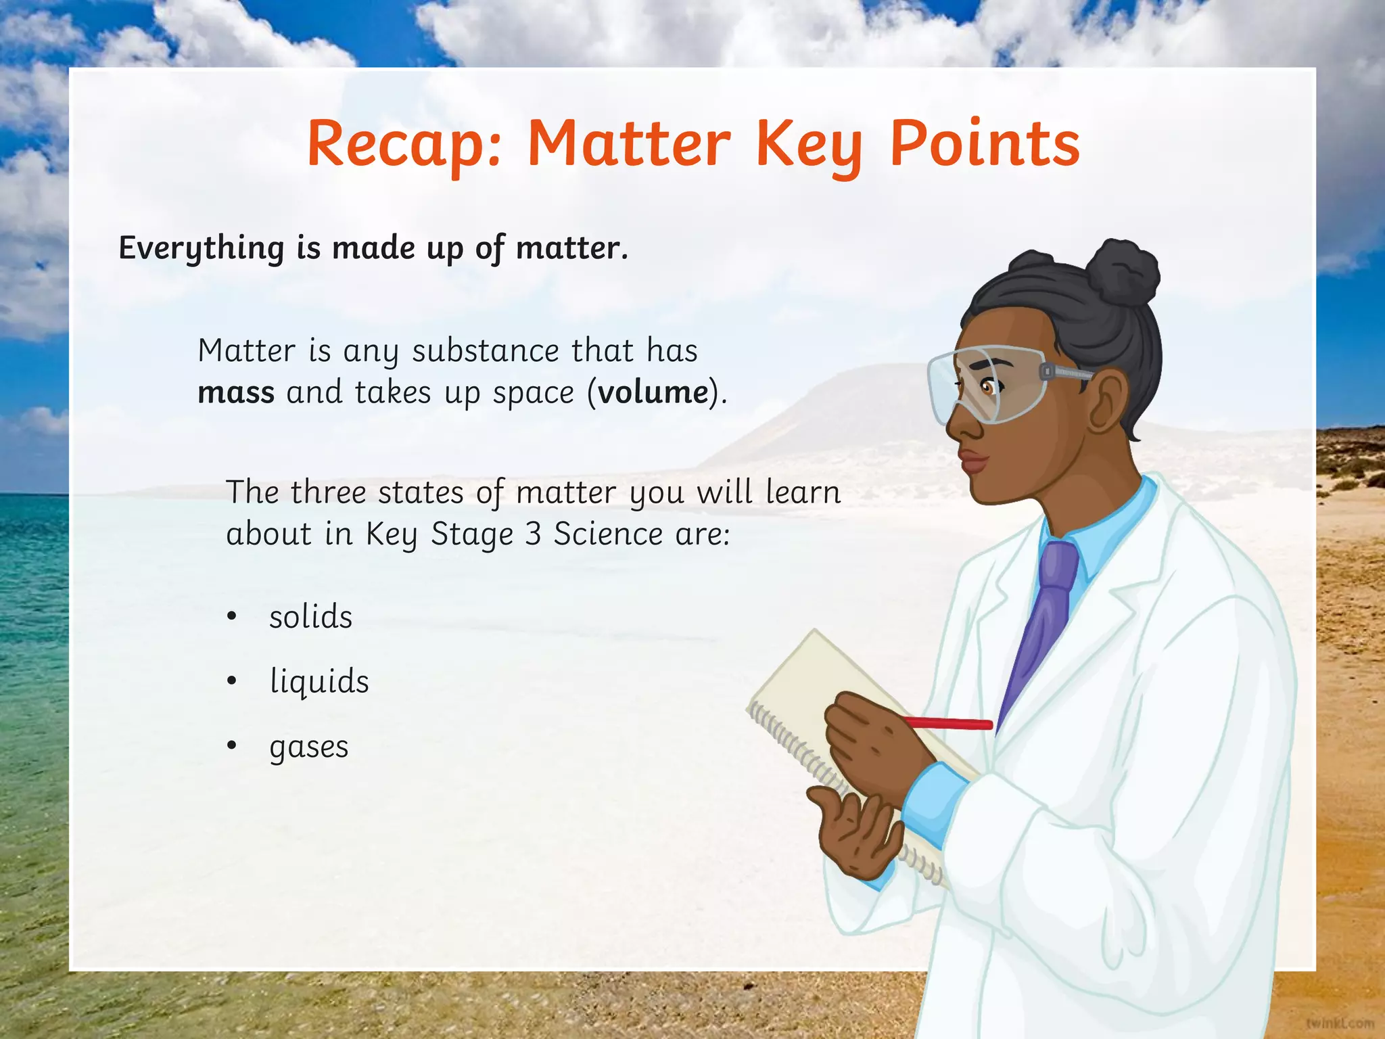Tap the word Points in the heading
[x=985, y=144]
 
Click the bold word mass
[x=236, y=393]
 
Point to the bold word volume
[x=653, y=393]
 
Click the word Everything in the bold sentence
[x=202, y=248]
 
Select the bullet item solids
[x=310, y=617]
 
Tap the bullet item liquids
[x=319, y=681]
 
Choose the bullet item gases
[x=308, y=747]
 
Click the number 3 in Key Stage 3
[x=533, y=534]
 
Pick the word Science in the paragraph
[x=608, y=534]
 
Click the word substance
[x=486, y=351]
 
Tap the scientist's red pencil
[x=954, y=724]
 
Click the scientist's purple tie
[x=1045, y=609]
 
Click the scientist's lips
[x=974, y=463]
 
